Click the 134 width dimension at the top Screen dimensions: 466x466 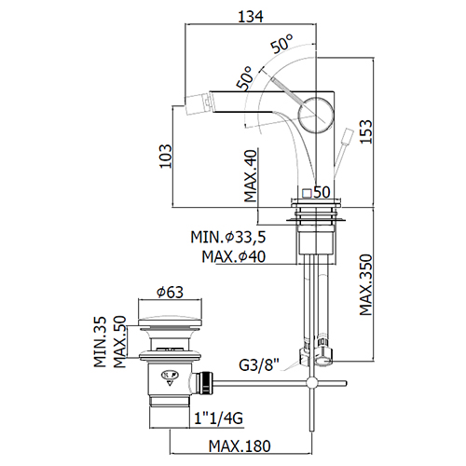[251, 16]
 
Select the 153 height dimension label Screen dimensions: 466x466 [365, 131]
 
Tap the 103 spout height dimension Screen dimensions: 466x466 [165, 156]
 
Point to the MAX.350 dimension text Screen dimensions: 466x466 [365, 285]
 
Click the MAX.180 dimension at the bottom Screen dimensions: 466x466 [240, 446]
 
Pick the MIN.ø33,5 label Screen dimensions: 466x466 [228, 238]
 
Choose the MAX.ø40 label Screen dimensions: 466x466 [234, 256]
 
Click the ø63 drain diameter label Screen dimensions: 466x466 [170, 292]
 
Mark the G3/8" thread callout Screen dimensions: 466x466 [259, 364]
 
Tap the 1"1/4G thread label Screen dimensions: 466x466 [219, 418]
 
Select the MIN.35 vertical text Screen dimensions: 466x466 [100, 342]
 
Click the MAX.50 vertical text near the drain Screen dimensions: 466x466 [119, 342]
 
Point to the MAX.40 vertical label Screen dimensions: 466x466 [251, 176]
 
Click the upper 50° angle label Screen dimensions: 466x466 [281, 44]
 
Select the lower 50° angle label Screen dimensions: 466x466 [244, 78]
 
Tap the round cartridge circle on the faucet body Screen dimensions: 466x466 [316, 115]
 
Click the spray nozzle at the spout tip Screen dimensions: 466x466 [198, 102]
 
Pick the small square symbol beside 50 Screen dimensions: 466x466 [308, 193]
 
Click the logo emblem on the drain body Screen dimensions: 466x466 [169, 377]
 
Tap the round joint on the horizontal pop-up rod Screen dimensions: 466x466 [311, 383]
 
